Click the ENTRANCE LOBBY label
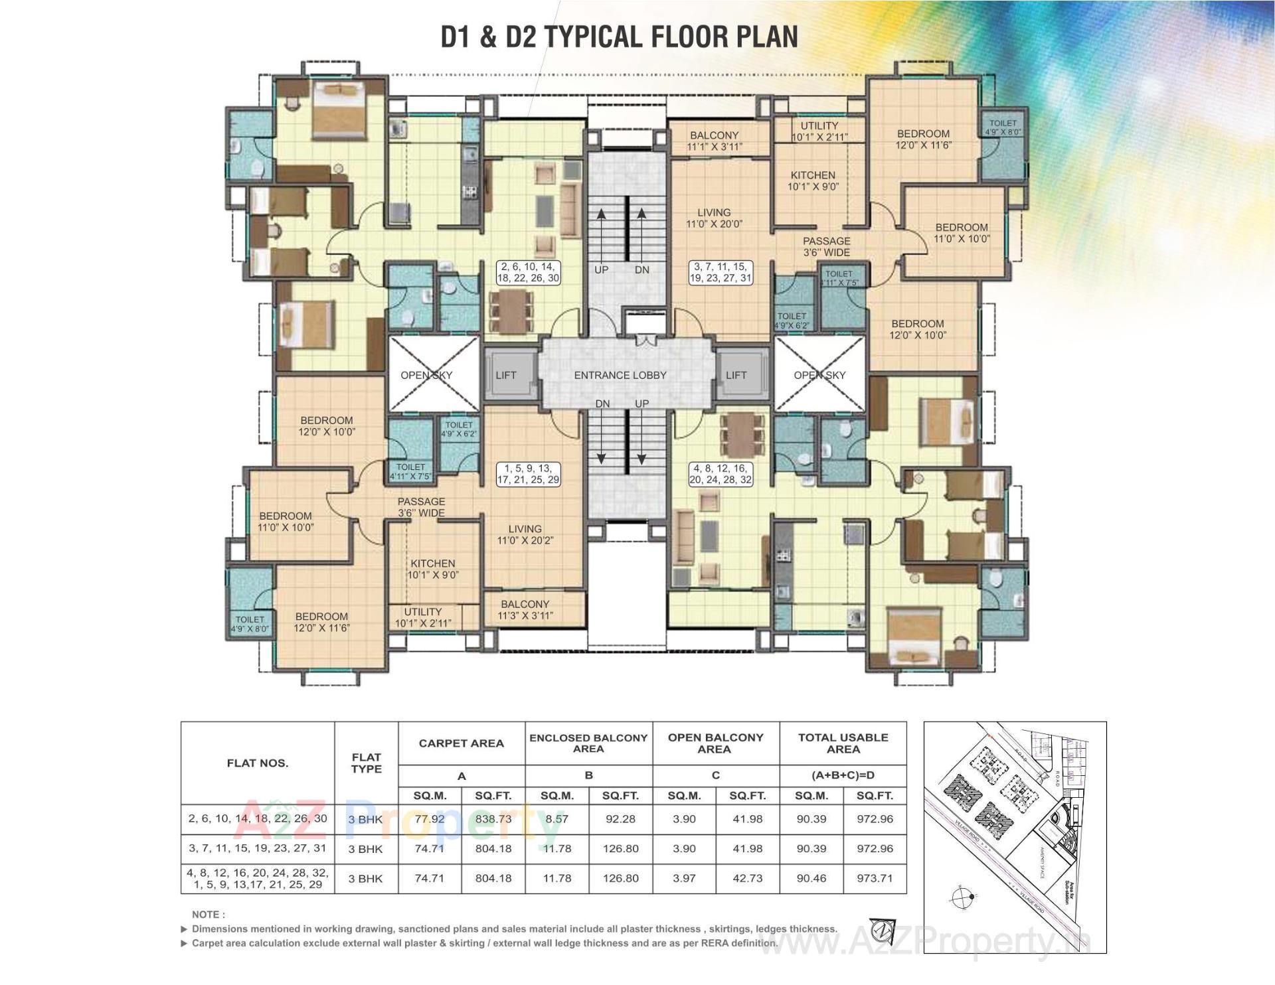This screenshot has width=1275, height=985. click(620, 375)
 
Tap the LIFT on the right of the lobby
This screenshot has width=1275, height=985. click(736, 375)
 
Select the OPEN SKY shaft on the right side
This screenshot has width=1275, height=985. click(819, 375)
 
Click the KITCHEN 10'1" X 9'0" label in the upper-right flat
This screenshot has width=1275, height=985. click(813, 181)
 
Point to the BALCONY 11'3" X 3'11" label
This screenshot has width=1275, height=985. click(525, 609)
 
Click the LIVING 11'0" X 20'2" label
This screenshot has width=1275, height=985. click(525, 534)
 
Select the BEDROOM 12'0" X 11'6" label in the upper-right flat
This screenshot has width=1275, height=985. click(923, 139)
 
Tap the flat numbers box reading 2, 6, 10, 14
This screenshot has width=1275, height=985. click(529, 272)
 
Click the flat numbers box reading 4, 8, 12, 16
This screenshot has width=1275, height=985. click(721, 474)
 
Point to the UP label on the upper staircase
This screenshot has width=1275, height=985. click(601, 270)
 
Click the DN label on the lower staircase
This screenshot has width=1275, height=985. click(602, 404)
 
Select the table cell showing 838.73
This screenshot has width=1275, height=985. click(493, 819)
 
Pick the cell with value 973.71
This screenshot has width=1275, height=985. click(875, 878)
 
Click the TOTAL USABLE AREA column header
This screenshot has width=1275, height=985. click(843, 743)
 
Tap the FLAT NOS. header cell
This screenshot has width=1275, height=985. click(258, 763)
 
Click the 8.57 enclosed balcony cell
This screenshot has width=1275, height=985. click(556, 819)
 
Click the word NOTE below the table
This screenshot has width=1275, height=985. click(209, 915)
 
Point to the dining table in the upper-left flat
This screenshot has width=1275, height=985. click(511, 310)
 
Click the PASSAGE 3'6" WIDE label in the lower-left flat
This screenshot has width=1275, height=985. click(421, 507)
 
